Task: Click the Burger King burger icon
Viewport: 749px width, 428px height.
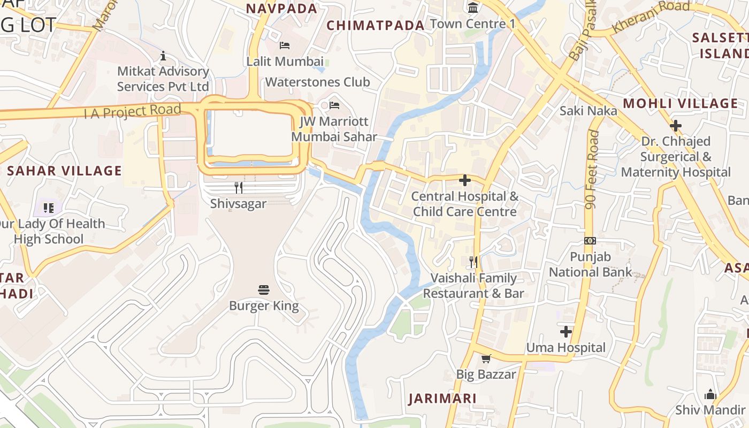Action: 264,290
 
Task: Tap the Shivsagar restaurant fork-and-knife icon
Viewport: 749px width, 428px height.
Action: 239,188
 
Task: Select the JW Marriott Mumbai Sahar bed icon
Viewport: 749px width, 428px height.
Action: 334,105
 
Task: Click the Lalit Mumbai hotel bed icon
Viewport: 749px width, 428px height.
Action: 285,45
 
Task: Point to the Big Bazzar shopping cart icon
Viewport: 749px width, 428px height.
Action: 486,358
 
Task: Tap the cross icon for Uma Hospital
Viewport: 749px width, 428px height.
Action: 566,332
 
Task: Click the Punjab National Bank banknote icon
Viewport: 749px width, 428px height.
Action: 590,241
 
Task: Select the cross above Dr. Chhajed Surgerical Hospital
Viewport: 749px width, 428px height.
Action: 676,126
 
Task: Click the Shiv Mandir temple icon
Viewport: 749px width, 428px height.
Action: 710,394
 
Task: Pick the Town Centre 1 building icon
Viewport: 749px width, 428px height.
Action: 473,7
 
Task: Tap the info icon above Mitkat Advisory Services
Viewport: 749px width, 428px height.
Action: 163,56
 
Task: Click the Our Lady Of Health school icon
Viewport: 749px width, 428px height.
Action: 49,208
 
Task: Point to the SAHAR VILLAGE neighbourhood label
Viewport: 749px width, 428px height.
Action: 65,171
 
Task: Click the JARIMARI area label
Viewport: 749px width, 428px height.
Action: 442,399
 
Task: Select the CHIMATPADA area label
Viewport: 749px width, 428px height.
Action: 375,25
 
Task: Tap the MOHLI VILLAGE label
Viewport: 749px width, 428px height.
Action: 681,103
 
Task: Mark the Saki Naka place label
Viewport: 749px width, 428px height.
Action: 588,111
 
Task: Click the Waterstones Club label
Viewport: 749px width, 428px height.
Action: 317,82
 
